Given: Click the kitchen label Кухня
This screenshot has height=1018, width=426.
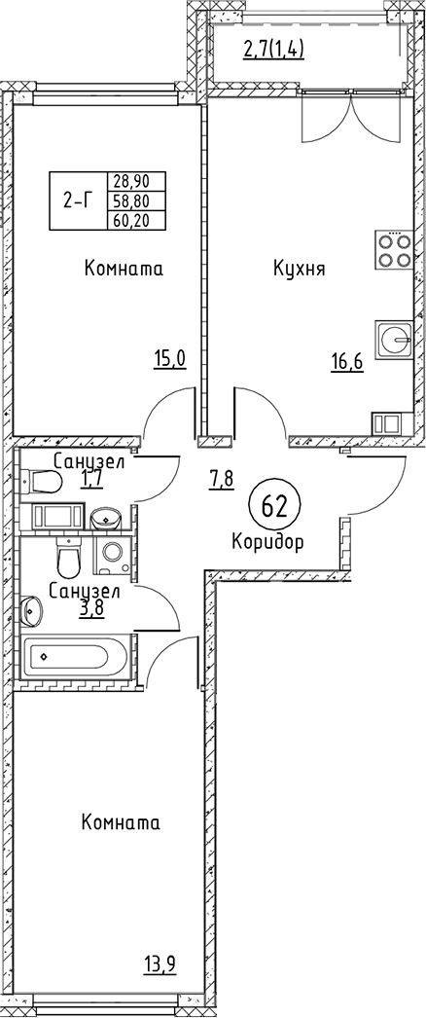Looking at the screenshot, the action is (x=299, y=269).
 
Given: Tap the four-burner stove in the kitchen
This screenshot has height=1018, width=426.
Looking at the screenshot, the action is (x=393, y=250).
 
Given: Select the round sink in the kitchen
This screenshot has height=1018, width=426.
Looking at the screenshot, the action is (x=393, y=339).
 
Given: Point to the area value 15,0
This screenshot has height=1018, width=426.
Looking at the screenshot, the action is (x=170, y=359).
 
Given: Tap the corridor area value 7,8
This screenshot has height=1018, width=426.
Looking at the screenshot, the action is (x=221, y=481).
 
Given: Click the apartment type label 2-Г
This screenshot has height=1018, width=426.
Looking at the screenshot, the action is (x=77, y=200).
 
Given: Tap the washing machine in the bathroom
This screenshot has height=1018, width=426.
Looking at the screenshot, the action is (x=114, y=555).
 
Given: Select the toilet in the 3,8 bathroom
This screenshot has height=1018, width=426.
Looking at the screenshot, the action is (x=67, y=559).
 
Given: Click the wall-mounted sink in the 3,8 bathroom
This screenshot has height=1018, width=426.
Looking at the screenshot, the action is (x=31, y=609).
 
